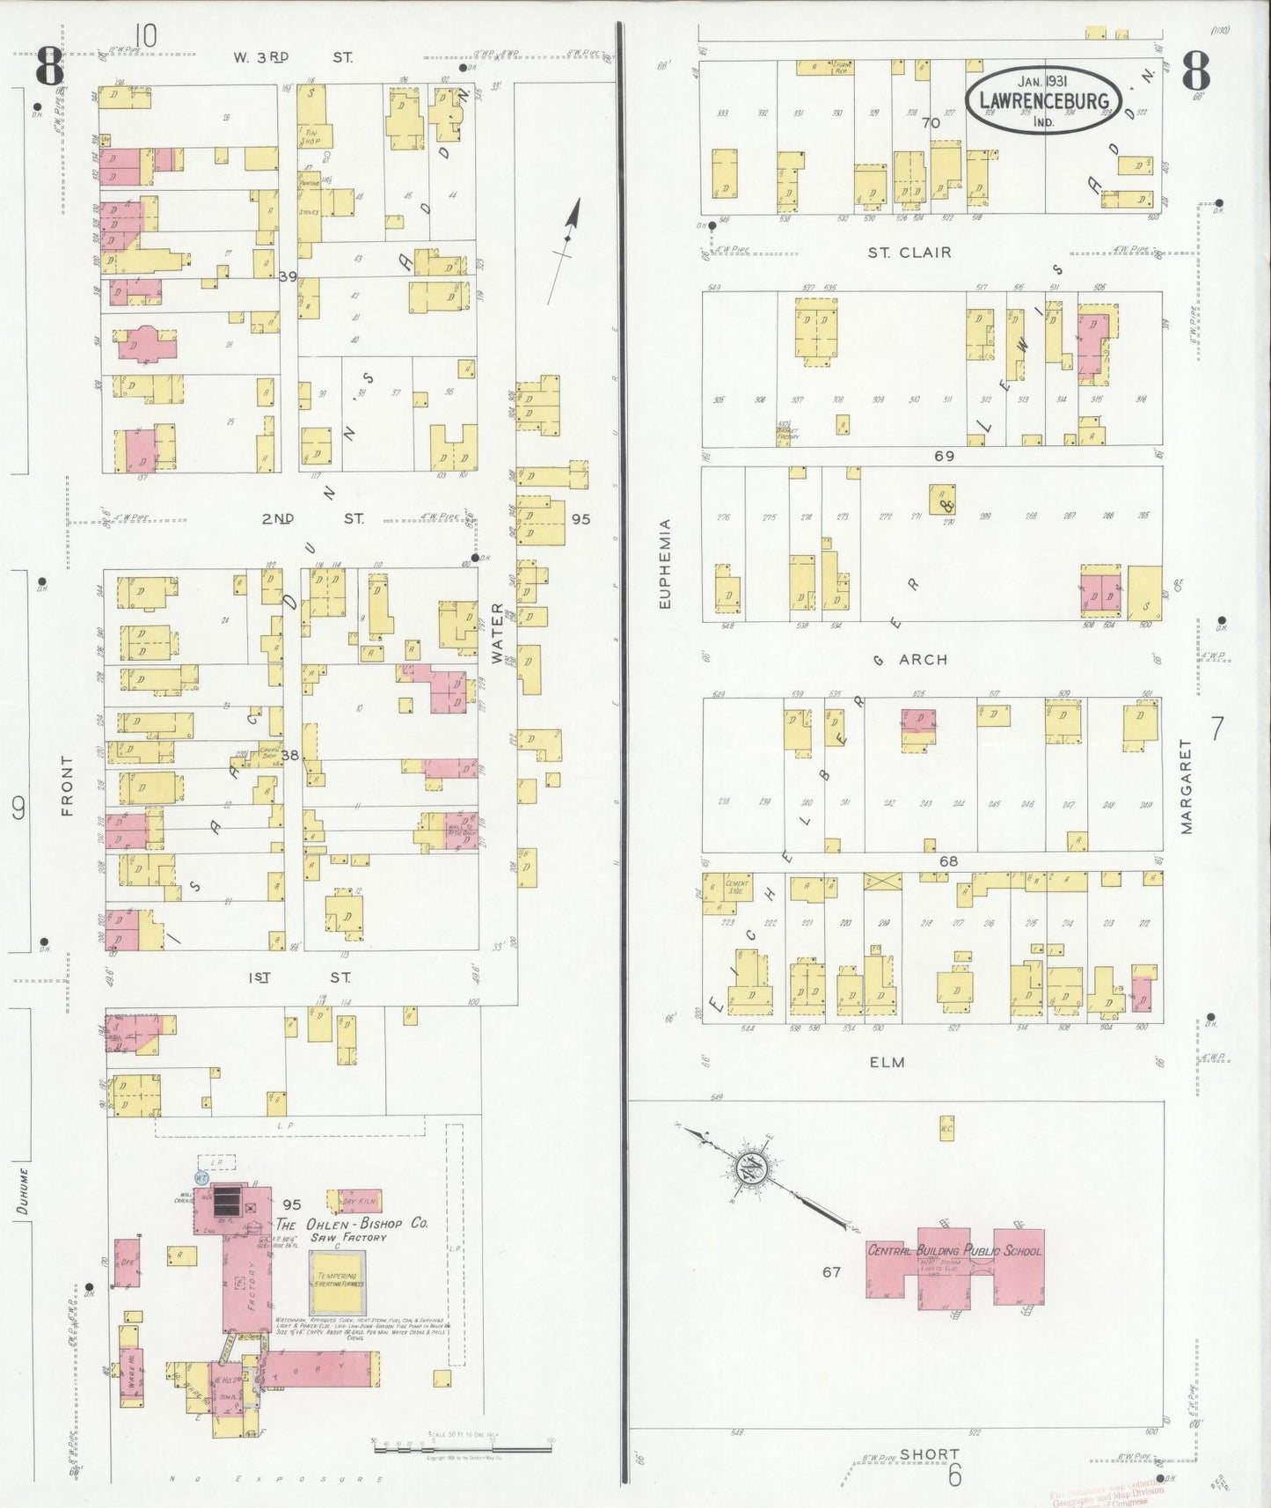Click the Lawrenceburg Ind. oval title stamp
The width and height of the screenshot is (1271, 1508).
pos(1043,100)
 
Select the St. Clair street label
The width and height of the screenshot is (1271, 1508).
pos(909,253)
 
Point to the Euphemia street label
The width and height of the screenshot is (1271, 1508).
pos(666,563)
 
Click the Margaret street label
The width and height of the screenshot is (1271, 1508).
pos(1186,786)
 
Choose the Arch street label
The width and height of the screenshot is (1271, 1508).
pos(923,659)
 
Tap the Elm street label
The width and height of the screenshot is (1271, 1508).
pos(887,1062)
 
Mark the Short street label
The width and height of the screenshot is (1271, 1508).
pos(929,1454)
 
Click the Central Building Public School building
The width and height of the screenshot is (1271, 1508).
pos(954,1266)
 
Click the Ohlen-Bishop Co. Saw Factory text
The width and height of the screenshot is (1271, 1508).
pos(352,1229)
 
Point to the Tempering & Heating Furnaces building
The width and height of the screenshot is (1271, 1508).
pos(337,1280)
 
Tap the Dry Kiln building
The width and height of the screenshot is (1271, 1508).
pos(358,1201)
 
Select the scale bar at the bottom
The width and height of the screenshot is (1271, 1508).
pos(461,1445)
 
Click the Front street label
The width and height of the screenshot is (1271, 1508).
pos(68,786)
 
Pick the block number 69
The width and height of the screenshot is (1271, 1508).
pos(944,456)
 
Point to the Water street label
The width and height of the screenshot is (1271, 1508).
pos(498,632)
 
